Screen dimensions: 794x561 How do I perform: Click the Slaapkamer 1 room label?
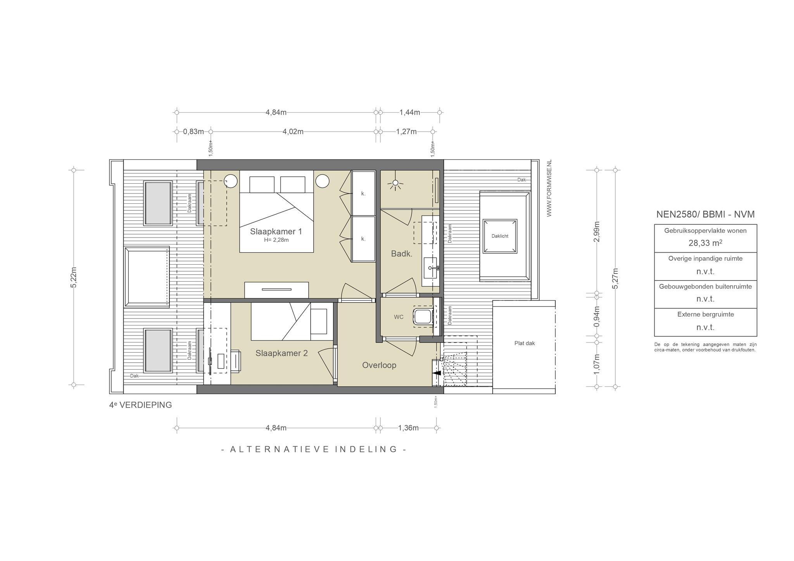[276, 232]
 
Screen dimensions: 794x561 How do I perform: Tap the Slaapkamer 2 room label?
[281, 353]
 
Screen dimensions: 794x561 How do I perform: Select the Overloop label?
[379, 365]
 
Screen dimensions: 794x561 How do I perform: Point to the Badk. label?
[401, 254]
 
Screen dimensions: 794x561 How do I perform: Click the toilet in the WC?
[423, 317]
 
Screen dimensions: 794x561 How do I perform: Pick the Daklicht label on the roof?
[500, 236]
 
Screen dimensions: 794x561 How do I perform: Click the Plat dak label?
[525, 343]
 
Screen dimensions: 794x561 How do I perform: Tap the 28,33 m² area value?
[705, 243]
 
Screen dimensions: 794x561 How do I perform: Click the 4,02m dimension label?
[293, 132]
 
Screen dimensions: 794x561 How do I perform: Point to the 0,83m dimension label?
[193, 132]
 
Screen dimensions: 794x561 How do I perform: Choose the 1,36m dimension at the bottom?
[408, 428]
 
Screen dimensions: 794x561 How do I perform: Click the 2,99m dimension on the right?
[597, 232]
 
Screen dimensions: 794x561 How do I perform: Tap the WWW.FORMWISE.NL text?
[549, 188]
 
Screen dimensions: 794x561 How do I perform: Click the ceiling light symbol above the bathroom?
[395, 184]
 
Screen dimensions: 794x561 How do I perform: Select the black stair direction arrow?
[437, 373]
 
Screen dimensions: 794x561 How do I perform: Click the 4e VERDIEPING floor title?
[140, 405]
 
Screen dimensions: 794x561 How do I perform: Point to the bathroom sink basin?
[430, 268]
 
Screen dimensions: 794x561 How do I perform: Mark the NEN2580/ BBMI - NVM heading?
[705, 214]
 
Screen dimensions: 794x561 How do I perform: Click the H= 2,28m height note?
[276, 240]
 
